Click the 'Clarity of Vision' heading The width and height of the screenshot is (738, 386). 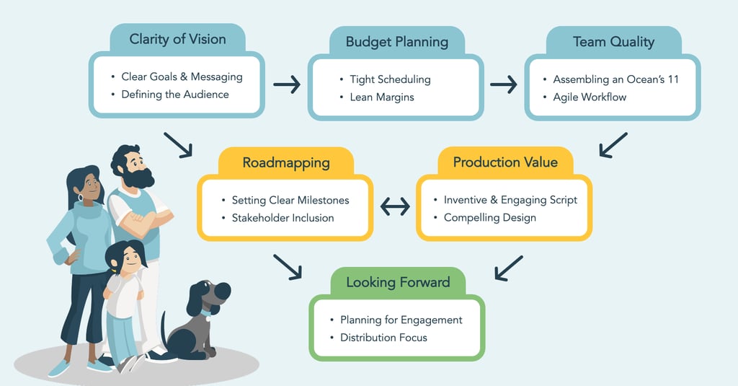[x=177, y=39]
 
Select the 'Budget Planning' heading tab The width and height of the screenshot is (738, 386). [x=396, y=42]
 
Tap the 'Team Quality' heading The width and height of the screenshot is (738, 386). [x=613, y=42]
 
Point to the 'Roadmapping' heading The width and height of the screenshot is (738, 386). [x=285, y=162]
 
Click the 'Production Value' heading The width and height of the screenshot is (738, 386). [x=505, y=162]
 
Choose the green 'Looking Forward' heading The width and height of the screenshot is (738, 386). [x=398, y=282]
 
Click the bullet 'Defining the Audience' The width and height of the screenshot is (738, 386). [x=175, y=95]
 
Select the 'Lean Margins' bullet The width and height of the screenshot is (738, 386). [x=382, y=97]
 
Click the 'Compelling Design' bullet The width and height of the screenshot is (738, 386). [x=490, y=218]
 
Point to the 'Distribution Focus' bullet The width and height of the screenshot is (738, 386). [x=383, y=338]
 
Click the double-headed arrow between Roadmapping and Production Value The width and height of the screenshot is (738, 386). [x=394, y=207]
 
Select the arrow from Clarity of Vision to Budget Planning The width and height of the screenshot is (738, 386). [x=286, y=85]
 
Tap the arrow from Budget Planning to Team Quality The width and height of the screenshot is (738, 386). [x=503, y=85]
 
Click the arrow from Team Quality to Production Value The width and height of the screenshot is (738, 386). [x=613, y=144]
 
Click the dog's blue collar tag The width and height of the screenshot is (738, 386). [x=210, y=317]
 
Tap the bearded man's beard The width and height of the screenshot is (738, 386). [x=138, y=177]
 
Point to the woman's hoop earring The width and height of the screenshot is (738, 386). [x=79, y=197]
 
